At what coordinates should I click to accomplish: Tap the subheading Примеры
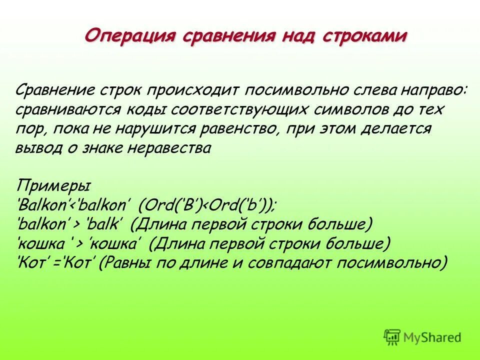point(53,185)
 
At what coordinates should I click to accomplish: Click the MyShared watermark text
point(433,337)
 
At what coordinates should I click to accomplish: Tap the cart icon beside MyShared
point(392,337)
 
